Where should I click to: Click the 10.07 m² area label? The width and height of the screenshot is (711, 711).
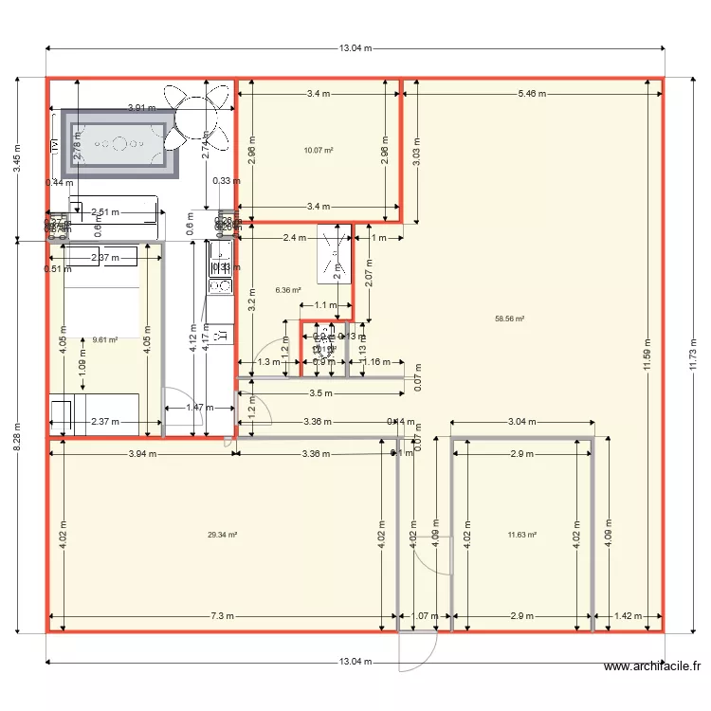318,150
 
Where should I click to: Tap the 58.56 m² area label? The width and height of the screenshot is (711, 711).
510,319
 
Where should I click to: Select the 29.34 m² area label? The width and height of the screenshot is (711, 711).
222,535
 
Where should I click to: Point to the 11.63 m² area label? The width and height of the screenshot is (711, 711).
522,535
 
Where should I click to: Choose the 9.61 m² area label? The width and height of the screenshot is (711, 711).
104,338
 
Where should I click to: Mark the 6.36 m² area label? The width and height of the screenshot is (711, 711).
287,291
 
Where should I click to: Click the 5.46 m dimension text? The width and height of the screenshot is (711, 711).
533,94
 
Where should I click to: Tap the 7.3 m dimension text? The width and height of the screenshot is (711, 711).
221,616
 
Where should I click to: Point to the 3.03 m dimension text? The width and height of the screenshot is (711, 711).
414,153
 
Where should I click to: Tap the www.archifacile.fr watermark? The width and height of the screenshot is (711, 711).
653,667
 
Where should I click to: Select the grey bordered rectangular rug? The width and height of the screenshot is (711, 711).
120,144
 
